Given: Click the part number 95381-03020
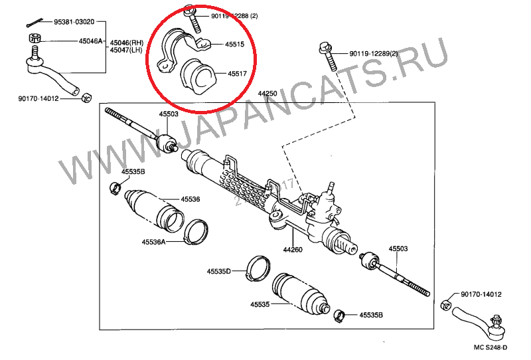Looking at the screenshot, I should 73,22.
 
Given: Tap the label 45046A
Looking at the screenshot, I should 91,41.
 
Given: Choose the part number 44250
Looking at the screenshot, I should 267,94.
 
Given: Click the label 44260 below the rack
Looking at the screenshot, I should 293,250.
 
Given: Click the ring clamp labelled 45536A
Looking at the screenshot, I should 196,230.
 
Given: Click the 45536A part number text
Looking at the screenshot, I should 153,242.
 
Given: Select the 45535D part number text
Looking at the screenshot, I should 218,271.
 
